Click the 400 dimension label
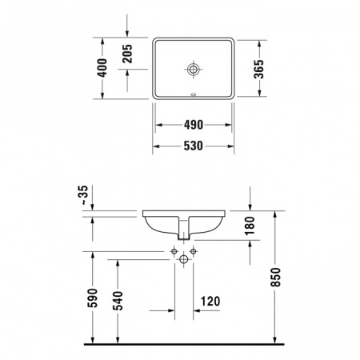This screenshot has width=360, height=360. click(102, 68)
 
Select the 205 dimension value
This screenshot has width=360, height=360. click(127, 54)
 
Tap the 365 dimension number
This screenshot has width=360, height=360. click(258, 69)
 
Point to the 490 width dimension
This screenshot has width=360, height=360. click(194, 125)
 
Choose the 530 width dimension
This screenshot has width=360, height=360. click(194, 146)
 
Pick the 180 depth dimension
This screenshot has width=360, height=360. click(250, 226)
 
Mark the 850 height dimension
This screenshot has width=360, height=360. click(275, 278)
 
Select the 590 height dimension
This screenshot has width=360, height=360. click(93, 298)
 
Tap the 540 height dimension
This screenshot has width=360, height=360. click(118, 301)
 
